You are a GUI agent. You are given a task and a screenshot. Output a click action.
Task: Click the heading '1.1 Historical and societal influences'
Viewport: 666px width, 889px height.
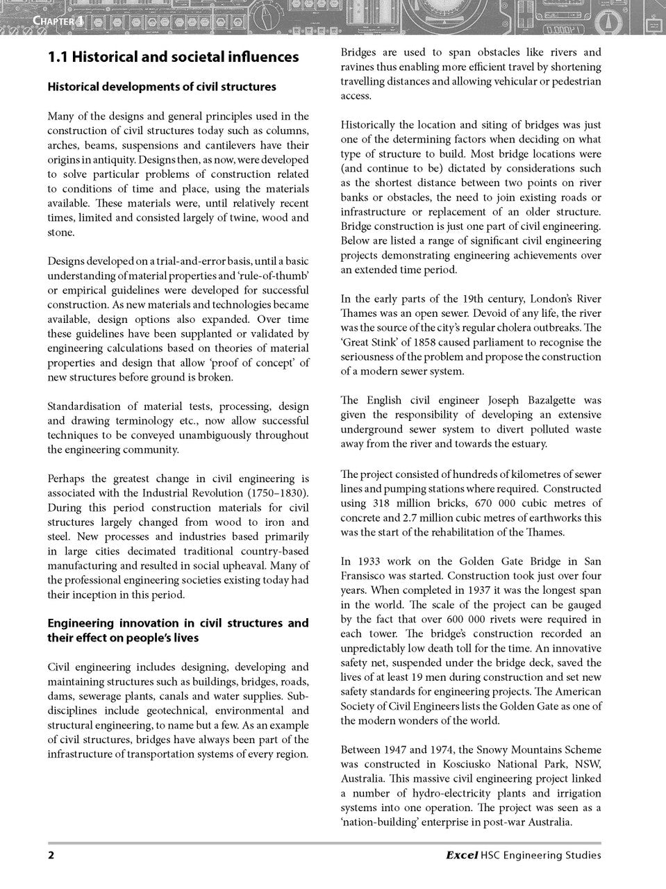click(x=173, y=57)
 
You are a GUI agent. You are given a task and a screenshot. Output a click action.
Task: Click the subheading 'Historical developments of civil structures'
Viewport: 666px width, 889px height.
click(x=161, y=87)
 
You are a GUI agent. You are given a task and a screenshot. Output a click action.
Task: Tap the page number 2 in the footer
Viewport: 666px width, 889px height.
click(x=51, y=855)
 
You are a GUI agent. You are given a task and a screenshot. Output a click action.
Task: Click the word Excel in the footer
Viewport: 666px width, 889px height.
click(x=461, y=855)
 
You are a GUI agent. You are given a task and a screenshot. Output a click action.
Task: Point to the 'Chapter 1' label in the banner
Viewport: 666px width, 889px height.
click(x=58, y=21)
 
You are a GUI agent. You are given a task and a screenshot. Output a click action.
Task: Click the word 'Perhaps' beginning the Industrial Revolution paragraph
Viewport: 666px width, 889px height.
click(x=65, y=479)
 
